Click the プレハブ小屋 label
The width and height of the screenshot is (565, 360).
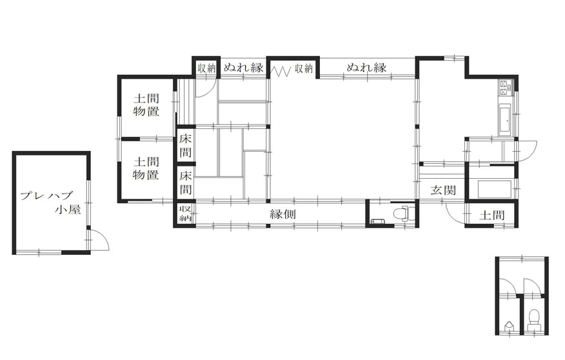coord(50,202)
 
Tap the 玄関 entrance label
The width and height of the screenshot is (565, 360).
coord(443,190)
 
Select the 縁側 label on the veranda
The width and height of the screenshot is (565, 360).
coord(283,214)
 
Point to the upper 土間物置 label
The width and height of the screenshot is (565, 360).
coord(146,105)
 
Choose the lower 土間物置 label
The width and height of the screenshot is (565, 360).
coord(146,168)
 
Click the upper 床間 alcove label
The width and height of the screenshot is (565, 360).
coord(185,145)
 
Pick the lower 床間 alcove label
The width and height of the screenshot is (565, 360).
coord(185,183)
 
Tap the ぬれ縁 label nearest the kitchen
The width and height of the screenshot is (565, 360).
coord(367,67)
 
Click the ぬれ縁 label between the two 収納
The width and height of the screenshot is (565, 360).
coord(244,67)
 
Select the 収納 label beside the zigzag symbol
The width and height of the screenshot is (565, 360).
coord(304,68)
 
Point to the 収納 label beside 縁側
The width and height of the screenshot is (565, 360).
coord(185,214)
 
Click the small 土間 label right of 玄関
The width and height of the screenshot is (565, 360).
coord(492,215)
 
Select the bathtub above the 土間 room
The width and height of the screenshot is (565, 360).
coord(494,190)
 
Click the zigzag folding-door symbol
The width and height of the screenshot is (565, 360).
coord(281,71)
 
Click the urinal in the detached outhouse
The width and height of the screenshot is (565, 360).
coord(509,326)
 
